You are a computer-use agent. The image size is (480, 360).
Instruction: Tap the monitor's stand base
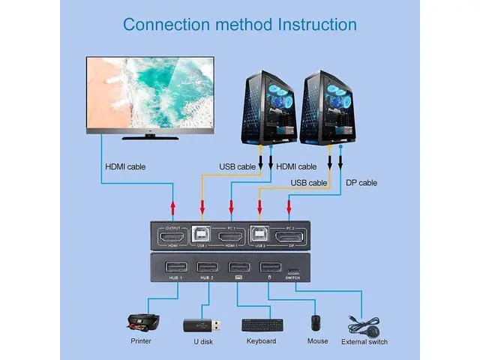(150, 136)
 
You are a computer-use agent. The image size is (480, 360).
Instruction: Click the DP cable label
(361, 183)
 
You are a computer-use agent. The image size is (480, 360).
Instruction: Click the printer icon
(141, 322)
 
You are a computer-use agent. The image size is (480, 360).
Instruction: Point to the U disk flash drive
(200, 325)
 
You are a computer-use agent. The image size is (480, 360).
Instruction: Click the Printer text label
(140, 341)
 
